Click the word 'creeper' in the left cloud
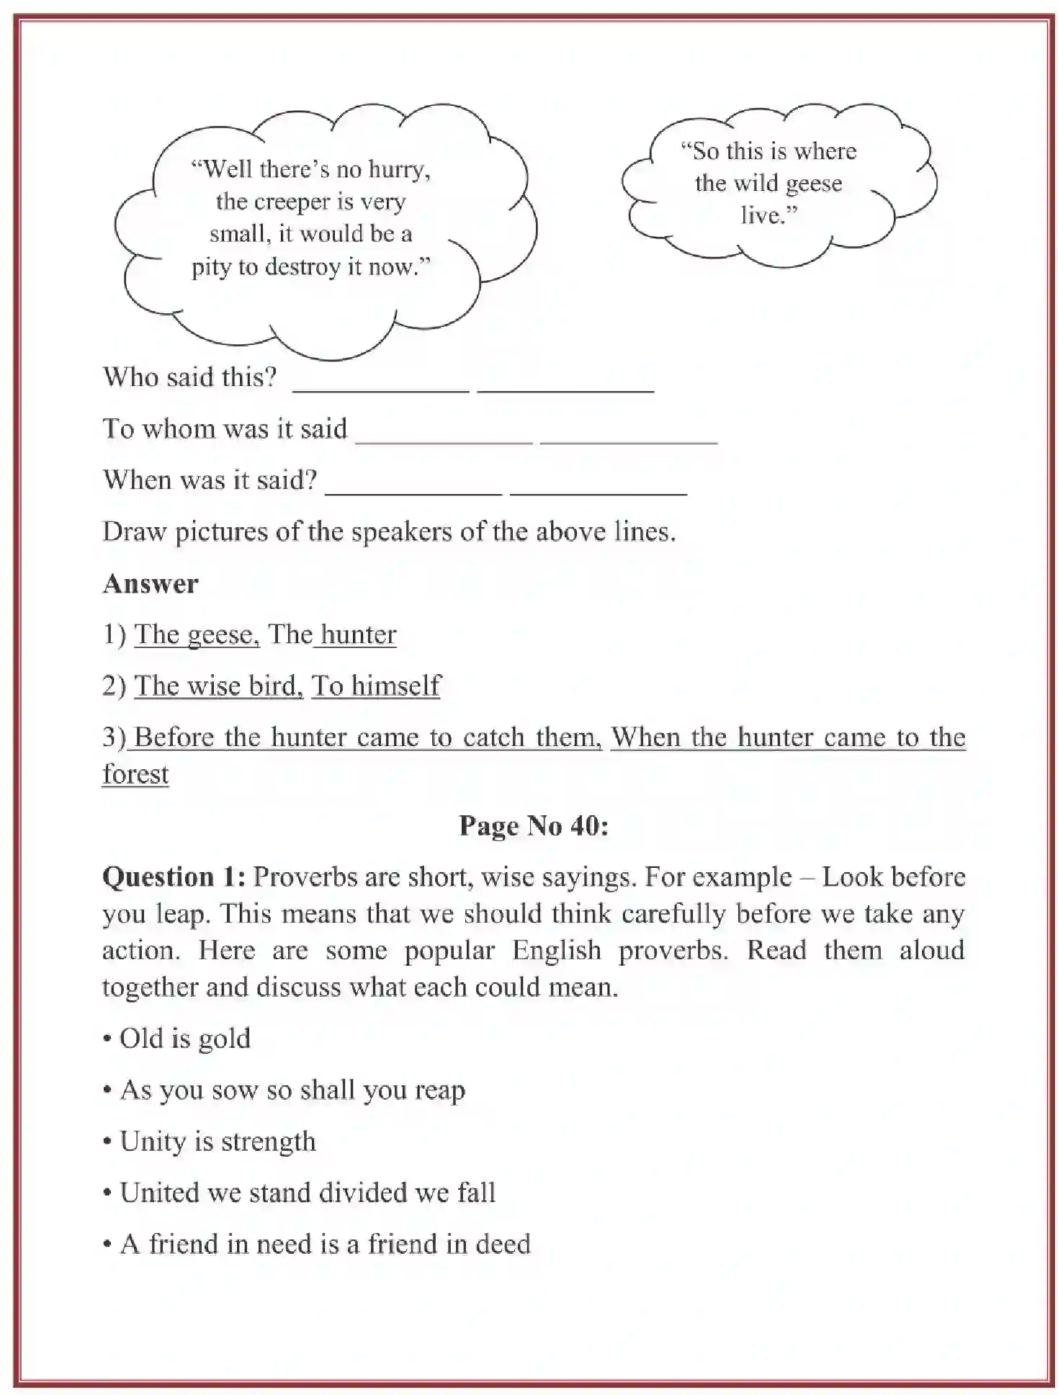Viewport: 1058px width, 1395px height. (287, 202)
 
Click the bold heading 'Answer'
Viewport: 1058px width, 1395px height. (150, 583)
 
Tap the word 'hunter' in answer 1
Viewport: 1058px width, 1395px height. (358, 634)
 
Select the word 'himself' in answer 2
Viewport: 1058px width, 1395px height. (395, 686)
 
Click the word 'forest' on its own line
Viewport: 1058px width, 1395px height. (135, 774)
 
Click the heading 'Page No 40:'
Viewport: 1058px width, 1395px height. (534, 825)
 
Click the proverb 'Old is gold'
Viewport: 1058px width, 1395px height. (184, 1039)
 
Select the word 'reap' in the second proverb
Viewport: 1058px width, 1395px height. (439, 1090)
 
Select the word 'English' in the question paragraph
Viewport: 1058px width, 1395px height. (556, 951)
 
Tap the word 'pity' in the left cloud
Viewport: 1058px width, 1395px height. (210, 267)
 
